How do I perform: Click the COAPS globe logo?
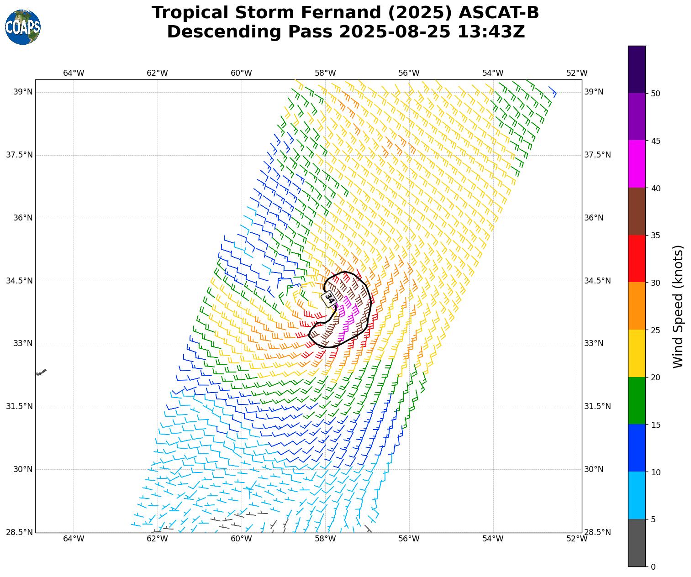point(23,27)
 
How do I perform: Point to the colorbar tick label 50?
point(655,94)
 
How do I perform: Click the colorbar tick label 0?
point(653,567)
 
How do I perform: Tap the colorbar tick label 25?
point(655,330)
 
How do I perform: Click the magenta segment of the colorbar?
point(637,164)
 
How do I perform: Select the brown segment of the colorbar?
point(637,211)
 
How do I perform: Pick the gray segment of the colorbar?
point(637,543)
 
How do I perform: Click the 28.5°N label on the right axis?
point(596,532)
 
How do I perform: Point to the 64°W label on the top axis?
point(74,73)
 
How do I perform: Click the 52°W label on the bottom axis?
point(577,539)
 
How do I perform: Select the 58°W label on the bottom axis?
point(325,539)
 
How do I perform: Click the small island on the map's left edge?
point(41,372)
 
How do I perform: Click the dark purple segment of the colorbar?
point(637,69)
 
